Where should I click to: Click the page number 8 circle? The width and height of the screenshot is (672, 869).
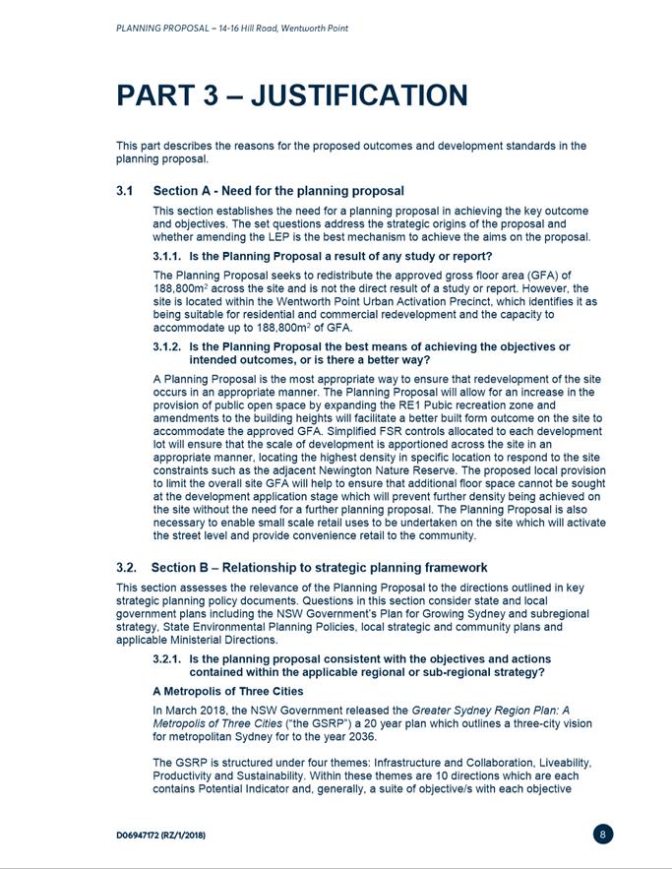click(x=604, y=835)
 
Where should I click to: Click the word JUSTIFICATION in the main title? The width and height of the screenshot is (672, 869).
click(x=359, y=95)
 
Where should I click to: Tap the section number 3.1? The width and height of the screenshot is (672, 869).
click(x=126, y=191)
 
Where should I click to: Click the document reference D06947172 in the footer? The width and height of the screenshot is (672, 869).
click(x=148, y=835)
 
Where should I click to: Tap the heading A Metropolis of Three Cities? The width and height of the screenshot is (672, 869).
click(x=227, y=692)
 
